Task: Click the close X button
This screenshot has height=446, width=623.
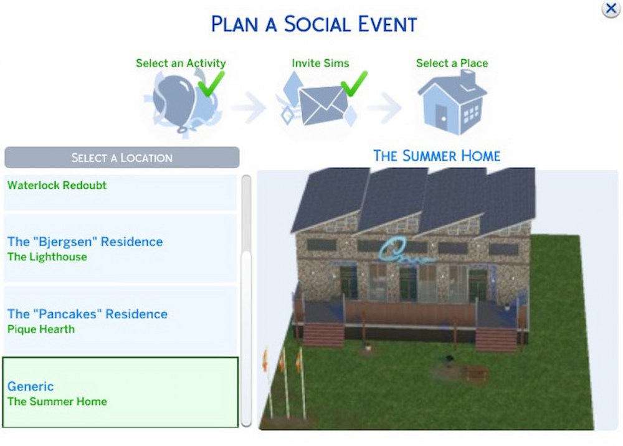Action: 611,9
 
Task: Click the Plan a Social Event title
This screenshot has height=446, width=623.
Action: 314,24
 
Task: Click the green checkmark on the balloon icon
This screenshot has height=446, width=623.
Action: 211,84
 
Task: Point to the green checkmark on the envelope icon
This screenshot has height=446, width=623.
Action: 354,84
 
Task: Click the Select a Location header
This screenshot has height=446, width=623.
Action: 122,158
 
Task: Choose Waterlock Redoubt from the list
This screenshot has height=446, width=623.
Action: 57,186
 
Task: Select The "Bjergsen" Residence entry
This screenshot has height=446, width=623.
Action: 85,242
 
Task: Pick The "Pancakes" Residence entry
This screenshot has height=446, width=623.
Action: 87,314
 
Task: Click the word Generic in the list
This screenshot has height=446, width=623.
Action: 31,386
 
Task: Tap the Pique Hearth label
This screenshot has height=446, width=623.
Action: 41,330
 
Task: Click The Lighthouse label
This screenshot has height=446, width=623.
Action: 47,257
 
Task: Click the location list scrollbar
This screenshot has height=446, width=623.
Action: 246,301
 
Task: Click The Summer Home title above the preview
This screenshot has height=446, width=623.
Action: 437,156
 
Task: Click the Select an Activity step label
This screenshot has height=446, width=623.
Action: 181,63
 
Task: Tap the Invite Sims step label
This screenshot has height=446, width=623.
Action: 320,63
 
